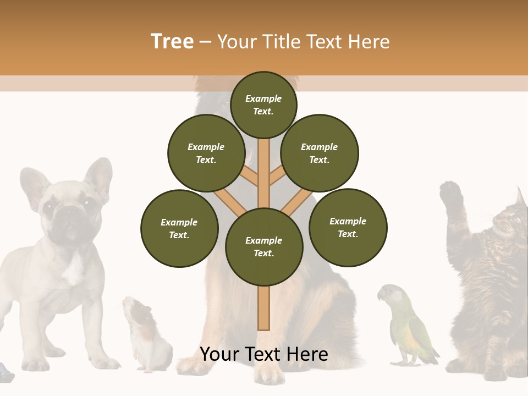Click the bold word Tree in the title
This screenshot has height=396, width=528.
172,42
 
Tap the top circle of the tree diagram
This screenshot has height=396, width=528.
263,105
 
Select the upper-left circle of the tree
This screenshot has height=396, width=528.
206,153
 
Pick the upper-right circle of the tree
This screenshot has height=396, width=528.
320,153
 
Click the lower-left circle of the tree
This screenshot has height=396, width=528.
179,228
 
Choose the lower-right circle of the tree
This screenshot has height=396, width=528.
348,227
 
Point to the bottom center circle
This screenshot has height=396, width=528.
264,246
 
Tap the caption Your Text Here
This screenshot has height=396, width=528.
264,354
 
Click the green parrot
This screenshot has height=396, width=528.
410,327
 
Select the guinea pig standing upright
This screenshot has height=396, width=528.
146,335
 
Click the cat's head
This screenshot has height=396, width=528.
509,220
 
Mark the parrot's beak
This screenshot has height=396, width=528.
380,296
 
